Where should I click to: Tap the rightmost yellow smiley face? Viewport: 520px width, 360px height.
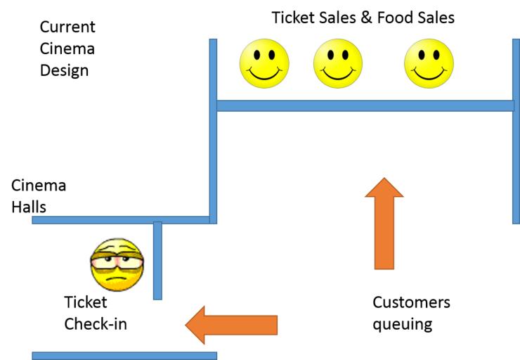pyautogui.click(x=429, y=63)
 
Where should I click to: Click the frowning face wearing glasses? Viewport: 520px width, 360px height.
pyautogui.click(x=117, y=264)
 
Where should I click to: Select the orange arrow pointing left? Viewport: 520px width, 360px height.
pyautogui.click(x=231, y=325)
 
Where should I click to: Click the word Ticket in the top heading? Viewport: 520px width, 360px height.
pyautogui.click(x=294, y=17)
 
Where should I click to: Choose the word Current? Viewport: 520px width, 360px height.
pyautogui.click(x=67, y=28)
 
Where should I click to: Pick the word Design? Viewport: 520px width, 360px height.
pyautogui.click(x=64, y=71)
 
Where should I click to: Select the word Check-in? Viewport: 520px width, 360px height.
pyautogui.click(x=96, y=324)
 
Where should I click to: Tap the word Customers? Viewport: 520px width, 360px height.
pyautogui.click(x=411, y=303)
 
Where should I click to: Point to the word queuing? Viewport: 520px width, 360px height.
pyautogui.click(x=402, y=326)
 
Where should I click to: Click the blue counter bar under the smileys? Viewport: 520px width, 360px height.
pyautogui.click(x=365, y=105)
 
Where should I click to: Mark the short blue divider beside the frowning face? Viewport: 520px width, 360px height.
pyautogui.click(x=157, y=260)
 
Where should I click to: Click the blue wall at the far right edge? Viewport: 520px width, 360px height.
pyautogui.click(x=516, y=130)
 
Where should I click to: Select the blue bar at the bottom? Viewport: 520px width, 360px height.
pyautogui.click(x=124, y=356)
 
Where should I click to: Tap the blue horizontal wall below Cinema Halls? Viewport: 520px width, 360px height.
pyautogui.click(x=119, y=220)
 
